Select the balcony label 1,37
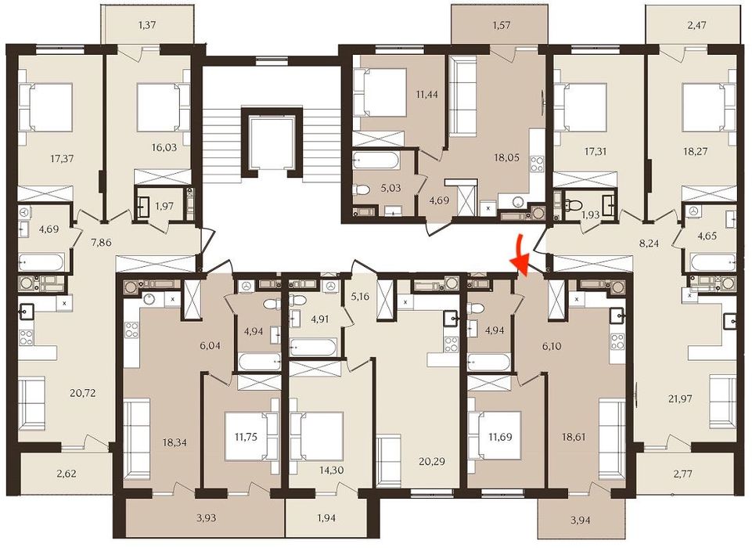[x=149, y=26]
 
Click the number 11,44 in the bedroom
[x=426, y=95]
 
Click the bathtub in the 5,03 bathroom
[x=377, y=161]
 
